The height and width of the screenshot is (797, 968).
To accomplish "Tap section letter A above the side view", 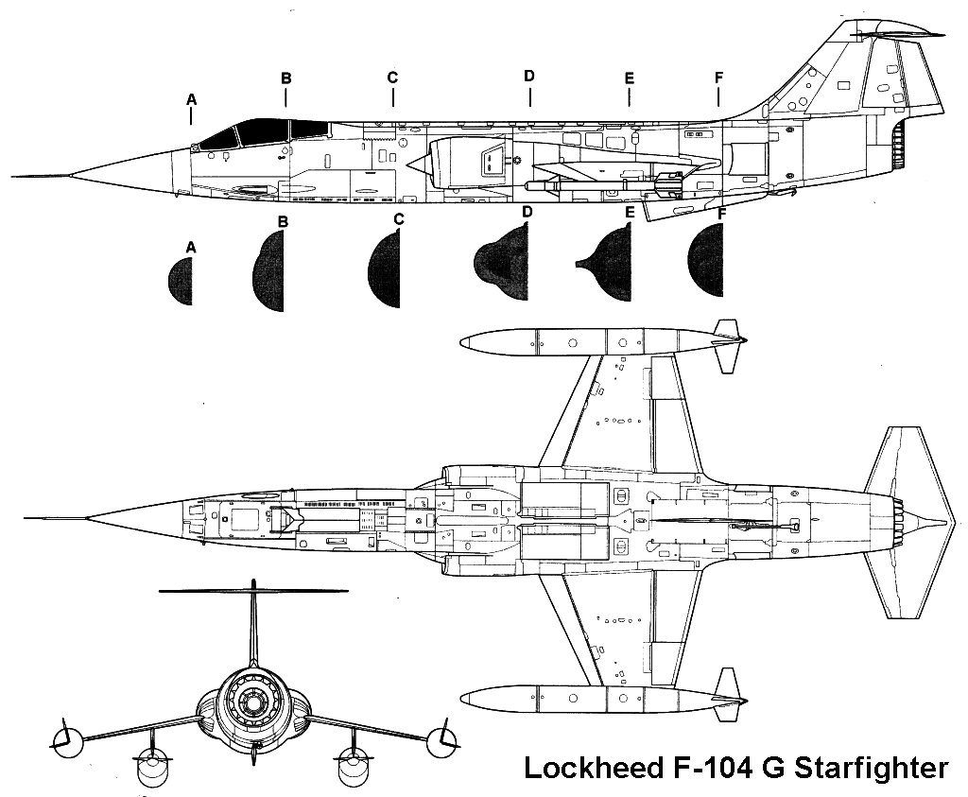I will [191, 98].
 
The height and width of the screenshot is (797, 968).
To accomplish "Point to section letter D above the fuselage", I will [529, 76].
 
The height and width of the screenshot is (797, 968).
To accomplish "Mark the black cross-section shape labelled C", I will [385, 269].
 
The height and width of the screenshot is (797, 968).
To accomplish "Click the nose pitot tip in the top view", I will [28, 518].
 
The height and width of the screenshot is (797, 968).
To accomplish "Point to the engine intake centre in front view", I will [252, 700].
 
